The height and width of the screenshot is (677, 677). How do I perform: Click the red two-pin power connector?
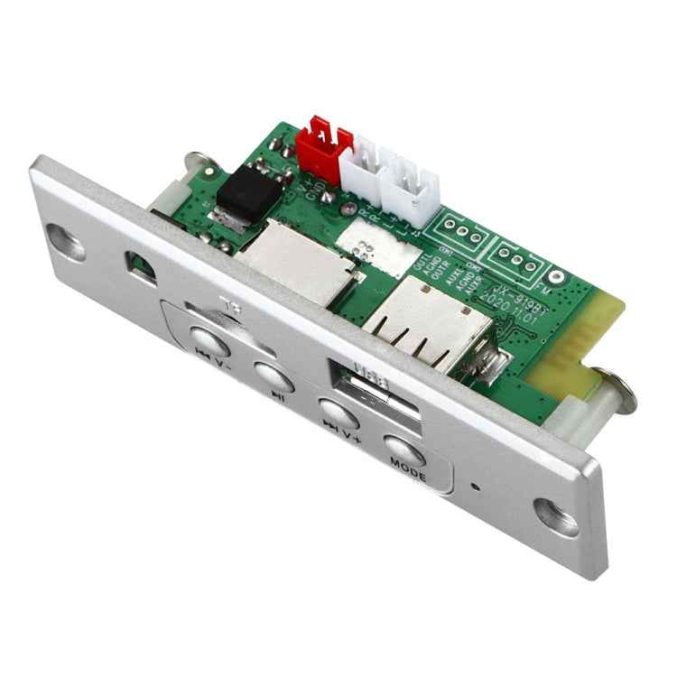pyautogui.click(x=320, y=144)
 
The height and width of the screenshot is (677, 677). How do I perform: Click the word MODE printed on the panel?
pyautogui.click(x=407, y=467)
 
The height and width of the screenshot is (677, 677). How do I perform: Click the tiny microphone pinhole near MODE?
pyautogui.click(x=477, y=487)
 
